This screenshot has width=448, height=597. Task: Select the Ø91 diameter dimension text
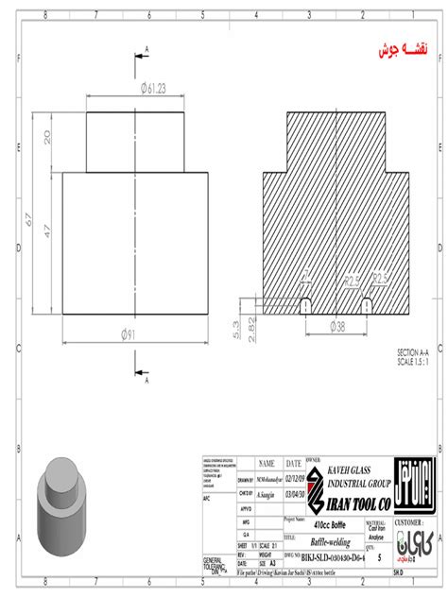(136, 333)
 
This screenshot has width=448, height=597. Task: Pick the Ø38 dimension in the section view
(337, 326)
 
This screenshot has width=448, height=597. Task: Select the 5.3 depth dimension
(235, 327)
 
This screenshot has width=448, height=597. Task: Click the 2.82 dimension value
(251, 328)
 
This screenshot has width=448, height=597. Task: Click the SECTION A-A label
(417, 353)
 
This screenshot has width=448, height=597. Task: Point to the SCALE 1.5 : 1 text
(417, 361)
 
